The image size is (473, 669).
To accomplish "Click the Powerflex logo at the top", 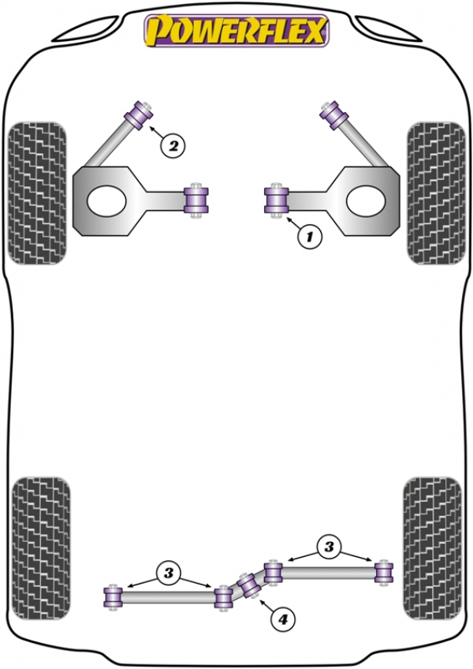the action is tap(236, 30).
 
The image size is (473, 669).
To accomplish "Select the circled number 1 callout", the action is tap(309, 236).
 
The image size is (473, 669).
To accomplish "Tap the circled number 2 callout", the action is tap(173, 146).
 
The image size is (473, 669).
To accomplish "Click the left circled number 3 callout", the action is tap(169, 573).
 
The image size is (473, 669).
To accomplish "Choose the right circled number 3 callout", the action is tap(329, 547).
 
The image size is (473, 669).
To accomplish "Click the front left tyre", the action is tap(37, 192).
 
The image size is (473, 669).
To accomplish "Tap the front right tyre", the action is tap(436, 192).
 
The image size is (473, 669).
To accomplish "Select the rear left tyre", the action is tap(41, 548).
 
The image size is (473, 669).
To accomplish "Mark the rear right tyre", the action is tap(432, 548).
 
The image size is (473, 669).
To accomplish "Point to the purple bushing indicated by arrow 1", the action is tap(277, 200).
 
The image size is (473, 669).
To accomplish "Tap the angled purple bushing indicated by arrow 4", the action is tap(251, 585).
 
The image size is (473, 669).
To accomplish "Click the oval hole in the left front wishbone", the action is tap(106, 200).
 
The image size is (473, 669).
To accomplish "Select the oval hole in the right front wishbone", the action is tap(367, 200).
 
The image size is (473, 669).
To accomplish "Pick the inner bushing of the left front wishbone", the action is tap(196, 200).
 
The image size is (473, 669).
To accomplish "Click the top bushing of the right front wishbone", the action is tap(334, 114).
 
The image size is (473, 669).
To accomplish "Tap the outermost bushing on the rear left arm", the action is tap(113, 597).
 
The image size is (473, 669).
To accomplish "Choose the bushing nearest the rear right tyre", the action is tap(384, 572).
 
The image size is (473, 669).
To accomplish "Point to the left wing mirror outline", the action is tap(84, 30).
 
